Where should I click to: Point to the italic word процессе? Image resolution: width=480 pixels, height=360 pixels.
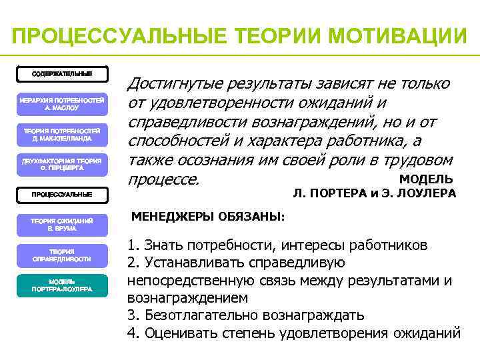(163, 180)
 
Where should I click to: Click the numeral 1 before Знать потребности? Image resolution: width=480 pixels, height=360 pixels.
(131, 245)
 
